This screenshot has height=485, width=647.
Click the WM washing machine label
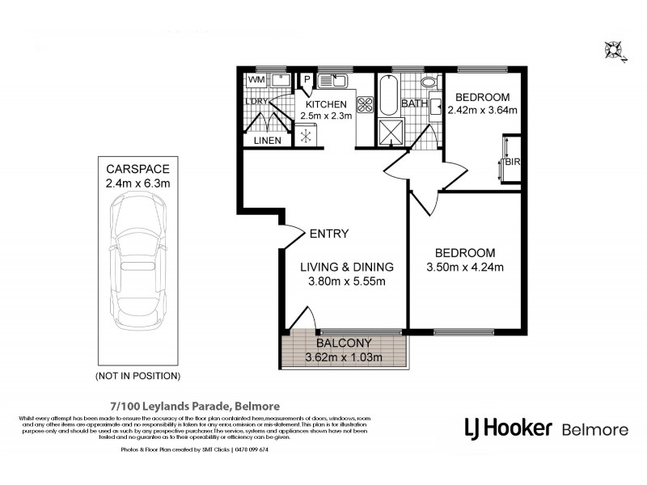point(256,80)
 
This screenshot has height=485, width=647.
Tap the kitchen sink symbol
point(332,80)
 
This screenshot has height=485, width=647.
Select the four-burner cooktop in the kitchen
point(364,104)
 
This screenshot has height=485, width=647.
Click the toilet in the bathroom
point(428,82)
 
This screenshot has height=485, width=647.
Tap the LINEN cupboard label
point(267,141)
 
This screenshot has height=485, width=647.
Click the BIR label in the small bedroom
point(511,162)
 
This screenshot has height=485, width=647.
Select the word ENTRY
point(329,234)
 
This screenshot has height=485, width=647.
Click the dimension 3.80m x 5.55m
point(347,282)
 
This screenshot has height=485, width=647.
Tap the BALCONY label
point(345,343)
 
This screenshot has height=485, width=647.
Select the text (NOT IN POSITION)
point(137,376)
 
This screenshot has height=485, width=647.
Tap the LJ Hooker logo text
point(508,428)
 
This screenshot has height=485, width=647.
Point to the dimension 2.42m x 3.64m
point(482,111)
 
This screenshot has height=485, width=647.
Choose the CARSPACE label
point(137,169)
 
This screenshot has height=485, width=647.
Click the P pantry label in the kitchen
point(306,79)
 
